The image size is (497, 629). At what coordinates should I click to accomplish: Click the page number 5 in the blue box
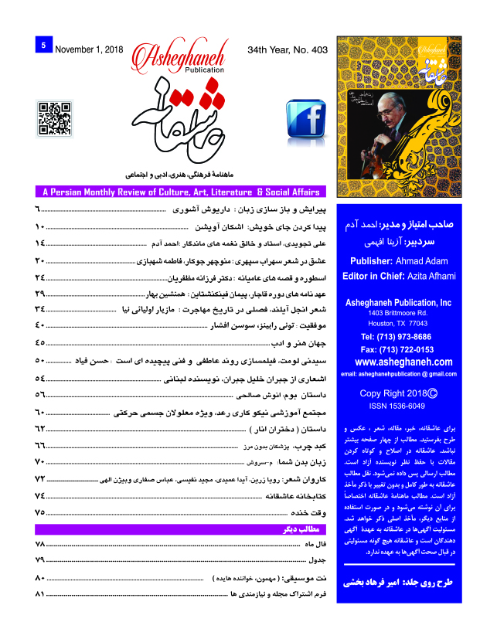pyautogui.click(x=43, y=46)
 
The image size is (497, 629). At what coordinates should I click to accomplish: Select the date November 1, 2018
pyautogui.click(x=87, y=47)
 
